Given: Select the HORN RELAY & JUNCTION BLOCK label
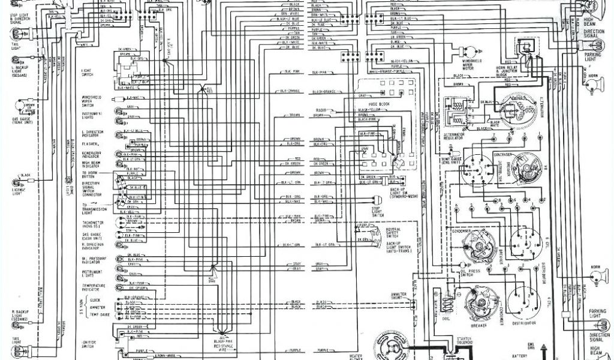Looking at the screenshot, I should [510, 71].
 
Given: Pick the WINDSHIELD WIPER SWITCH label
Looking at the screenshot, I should [91, 100].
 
